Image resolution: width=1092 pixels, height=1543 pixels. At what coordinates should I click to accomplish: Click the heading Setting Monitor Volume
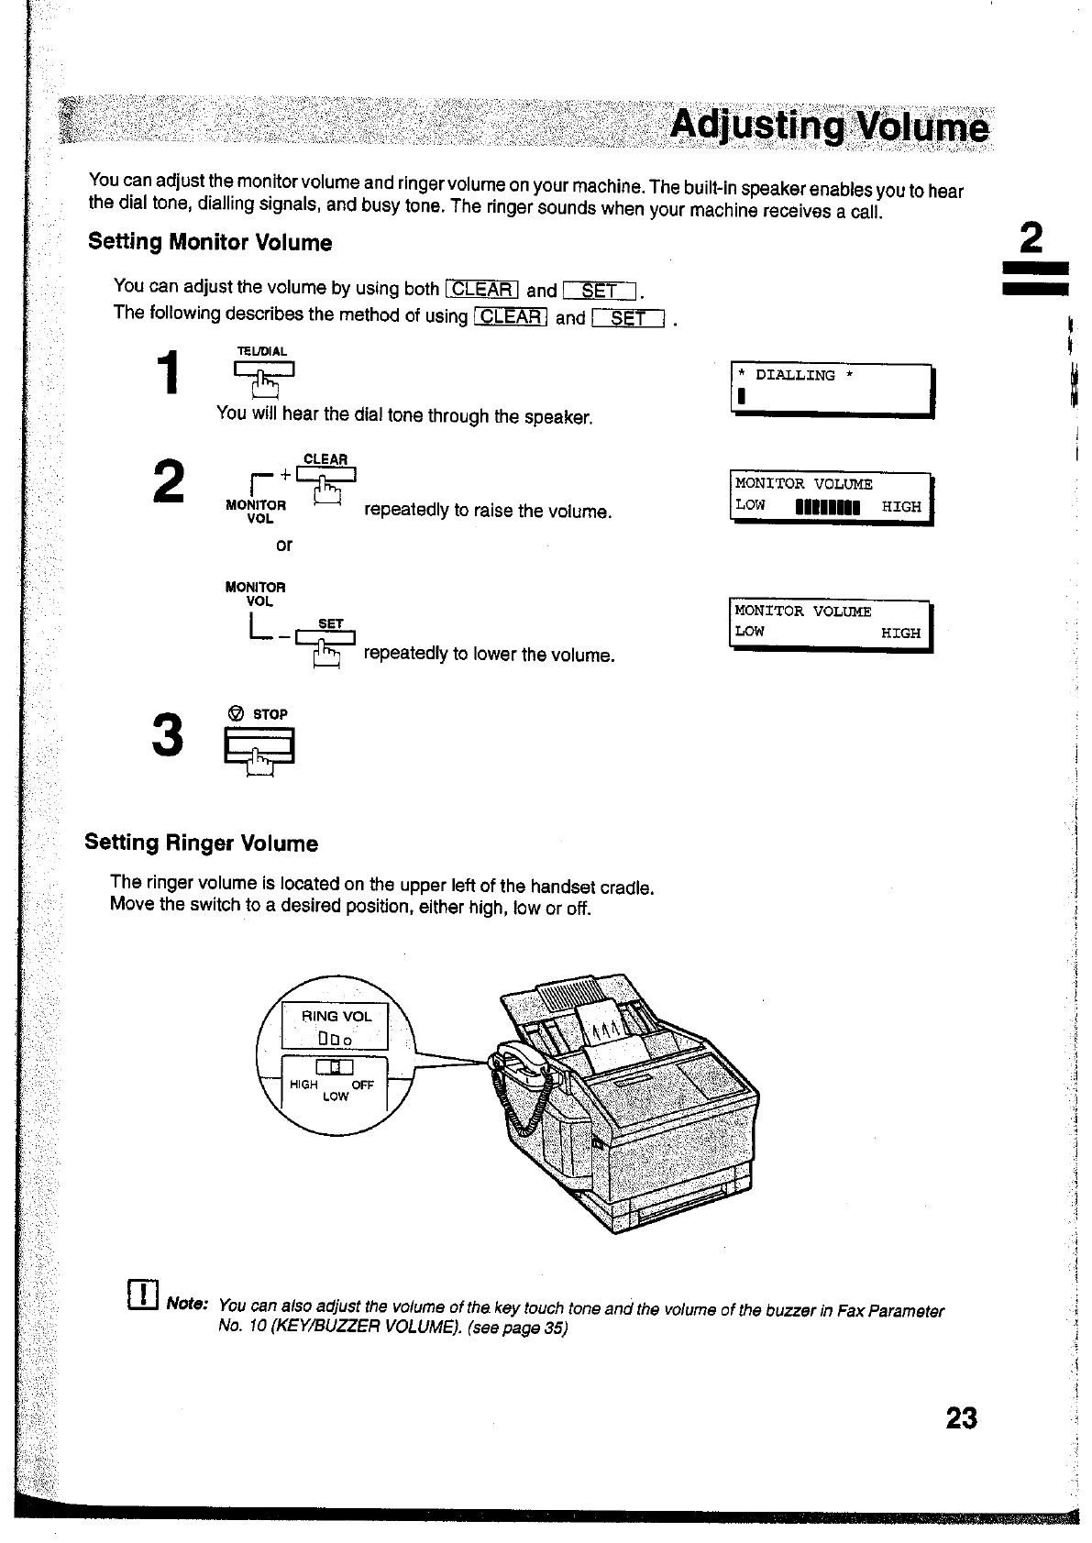(x=210, y=243)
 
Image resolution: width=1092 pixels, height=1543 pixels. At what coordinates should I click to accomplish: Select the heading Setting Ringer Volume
(x=202, y=843)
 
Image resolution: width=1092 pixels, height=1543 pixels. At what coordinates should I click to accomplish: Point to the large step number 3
(x=168, y=735)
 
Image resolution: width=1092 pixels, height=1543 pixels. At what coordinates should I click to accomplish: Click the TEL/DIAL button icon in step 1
(x=264, y=373)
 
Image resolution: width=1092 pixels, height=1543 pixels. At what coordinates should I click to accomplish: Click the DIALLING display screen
(x=831, y=391)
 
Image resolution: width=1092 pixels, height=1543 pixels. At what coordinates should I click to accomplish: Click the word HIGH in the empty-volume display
(x=900, y=634)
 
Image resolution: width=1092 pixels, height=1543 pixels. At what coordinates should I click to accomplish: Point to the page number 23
(x=961, y=1418)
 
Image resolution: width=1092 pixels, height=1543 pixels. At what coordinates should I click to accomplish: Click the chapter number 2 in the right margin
(x=1031, y=240)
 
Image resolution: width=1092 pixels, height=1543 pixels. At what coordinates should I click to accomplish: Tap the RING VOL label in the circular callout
(x=336, y=1017)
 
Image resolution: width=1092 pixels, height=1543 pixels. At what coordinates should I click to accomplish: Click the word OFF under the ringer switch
(x=362, y=1086)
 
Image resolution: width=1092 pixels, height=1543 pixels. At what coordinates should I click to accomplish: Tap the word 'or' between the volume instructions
(x=284, y=546)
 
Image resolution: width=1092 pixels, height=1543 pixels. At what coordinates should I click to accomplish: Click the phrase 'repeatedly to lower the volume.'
(x=489, y=655)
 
